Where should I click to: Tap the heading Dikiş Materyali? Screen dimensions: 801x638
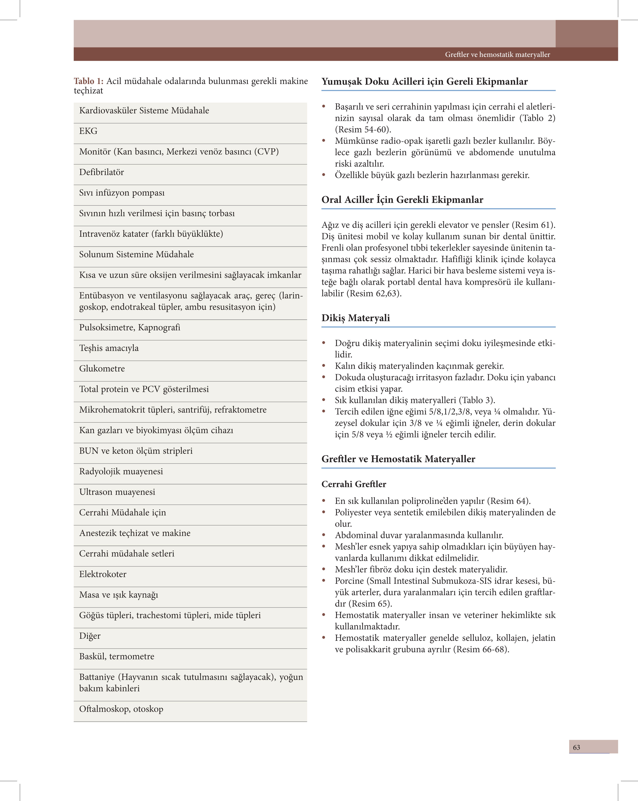[356, 318]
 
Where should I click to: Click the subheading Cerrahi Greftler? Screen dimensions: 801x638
[354, 484]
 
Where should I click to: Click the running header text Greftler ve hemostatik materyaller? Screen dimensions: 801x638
[497, 55]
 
